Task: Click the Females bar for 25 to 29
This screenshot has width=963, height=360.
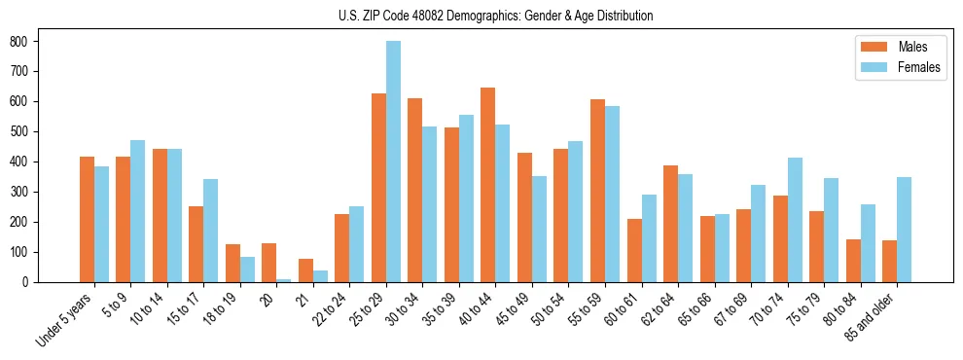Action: click(x=393, y=162)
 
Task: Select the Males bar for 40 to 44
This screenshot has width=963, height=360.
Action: click(x=488, y=185)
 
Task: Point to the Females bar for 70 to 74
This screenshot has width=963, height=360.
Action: click(x=795, y=220)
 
